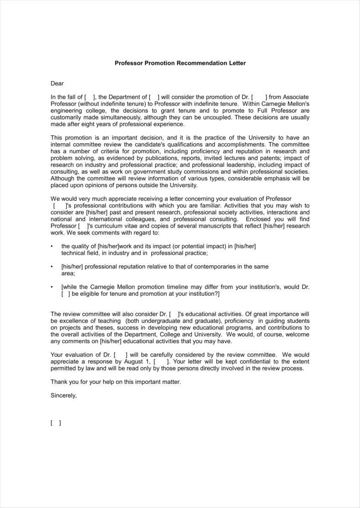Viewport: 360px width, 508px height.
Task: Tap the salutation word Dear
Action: coord(57,83)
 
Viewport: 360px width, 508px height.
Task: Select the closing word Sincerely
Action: coord(64,395)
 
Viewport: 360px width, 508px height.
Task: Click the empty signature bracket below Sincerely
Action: coord(56,423)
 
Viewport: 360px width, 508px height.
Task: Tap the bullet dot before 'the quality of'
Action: coord(52,246)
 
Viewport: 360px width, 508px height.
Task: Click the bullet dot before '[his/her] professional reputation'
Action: coord(52,267)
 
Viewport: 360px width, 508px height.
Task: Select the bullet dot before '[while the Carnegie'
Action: coord(52,287)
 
